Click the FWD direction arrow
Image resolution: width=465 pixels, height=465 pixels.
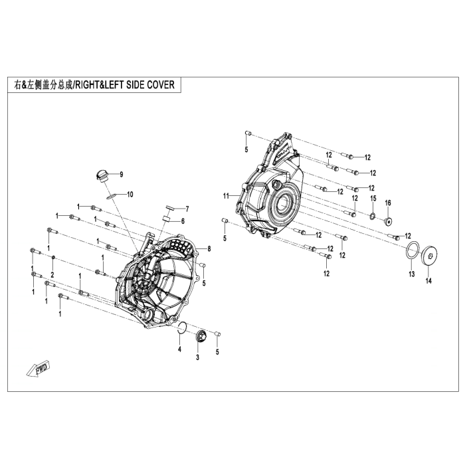click(x=39, y=369)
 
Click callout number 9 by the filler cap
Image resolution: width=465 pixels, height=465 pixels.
click(x=122, y=175)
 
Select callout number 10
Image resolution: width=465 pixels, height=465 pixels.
click(x=130, y=195)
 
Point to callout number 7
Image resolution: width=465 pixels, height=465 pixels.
click(x=187, y=209)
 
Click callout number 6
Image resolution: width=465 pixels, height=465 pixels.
click(x=183, y=221)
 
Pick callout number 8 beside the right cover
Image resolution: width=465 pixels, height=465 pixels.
click(x=209, y=249)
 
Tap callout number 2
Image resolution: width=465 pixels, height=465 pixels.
click(x=52, y=275)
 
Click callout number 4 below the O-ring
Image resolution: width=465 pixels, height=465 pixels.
click(x=179, y=349)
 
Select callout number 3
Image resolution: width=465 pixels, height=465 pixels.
click(x=197, y=357)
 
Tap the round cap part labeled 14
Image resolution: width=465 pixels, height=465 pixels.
click(x=430, y=255)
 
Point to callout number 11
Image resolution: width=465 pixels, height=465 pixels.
click(x=227, y=196)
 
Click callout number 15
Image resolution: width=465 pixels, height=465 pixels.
click(x=373, y=199)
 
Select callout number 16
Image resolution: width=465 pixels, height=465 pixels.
click(x=388, y=203)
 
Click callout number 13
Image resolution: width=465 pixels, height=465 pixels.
click(x=412, y=274)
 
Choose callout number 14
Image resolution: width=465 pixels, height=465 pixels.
click(x=429, y=280)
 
